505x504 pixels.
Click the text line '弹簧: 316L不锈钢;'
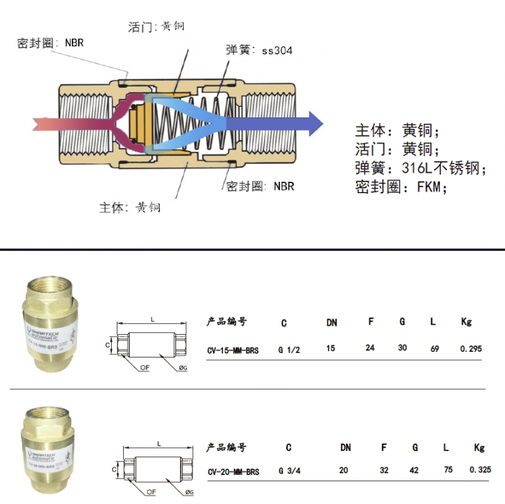click(x=421, y=169)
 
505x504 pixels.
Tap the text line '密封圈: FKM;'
click(x=401, y=188)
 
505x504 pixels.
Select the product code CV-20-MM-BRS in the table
click(x=233, y=472)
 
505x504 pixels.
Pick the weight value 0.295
click(x=471, y=349)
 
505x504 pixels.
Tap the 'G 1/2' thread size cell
click(x=287, y=349)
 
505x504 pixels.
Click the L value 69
click(x=434, y=348)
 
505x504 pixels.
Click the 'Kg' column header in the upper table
click(x=466, y=322)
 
